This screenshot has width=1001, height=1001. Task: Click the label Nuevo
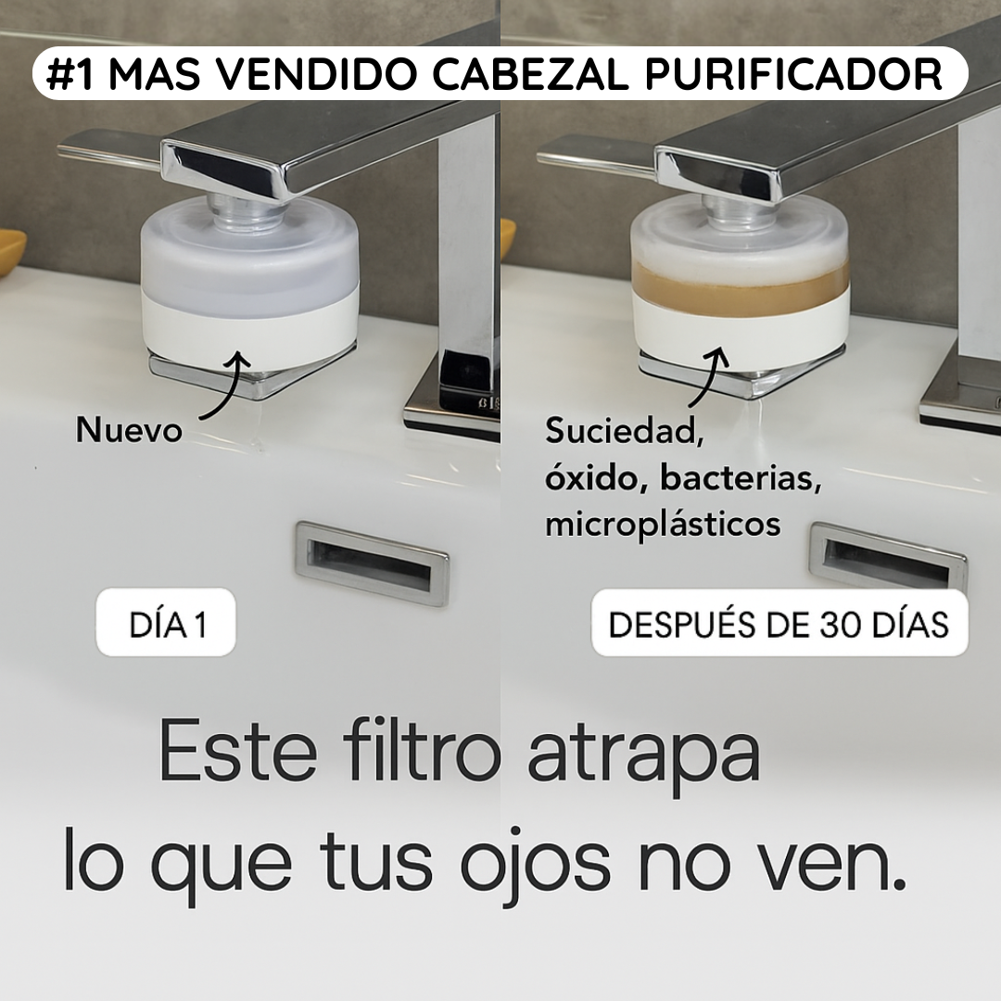tap(129, 430)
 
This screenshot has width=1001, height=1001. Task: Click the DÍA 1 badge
tap(167, 624)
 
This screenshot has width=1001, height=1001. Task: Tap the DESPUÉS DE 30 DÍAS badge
tap(779, 624)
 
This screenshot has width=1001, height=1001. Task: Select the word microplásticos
tap(663, 525)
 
